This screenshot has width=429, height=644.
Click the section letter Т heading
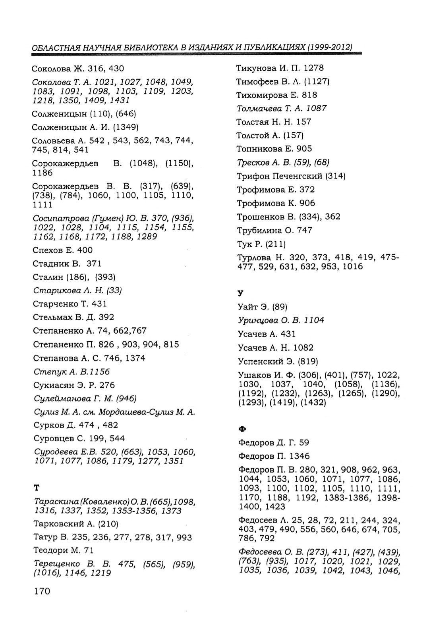point(37,487)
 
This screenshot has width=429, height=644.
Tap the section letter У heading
point(240,293)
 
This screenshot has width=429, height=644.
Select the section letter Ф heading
point(241,429)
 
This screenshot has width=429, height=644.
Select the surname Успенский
point(261,361)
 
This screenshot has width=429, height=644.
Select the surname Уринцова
point(257,320)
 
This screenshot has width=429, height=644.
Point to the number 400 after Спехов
point(85,250)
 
